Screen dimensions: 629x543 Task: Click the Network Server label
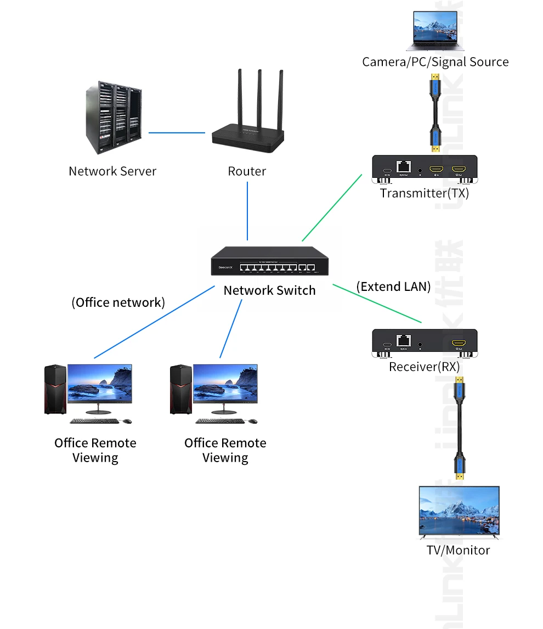point(112,171)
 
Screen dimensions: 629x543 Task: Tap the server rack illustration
point(114,117)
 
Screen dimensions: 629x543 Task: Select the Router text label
point(247,171)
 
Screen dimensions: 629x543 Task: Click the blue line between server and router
point(176,132)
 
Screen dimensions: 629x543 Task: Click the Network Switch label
point(269,290)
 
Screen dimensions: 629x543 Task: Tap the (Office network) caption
point(118,302)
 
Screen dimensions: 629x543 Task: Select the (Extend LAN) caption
point(393,286)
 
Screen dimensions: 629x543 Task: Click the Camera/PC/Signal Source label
point(435,62)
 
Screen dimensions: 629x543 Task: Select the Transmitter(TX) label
point(425,193)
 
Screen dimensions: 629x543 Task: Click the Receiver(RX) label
point(425,367)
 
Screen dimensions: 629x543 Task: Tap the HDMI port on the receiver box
point(459,343)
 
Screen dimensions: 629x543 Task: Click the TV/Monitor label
point(458,550)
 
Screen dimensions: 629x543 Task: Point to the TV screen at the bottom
point(459,510)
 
